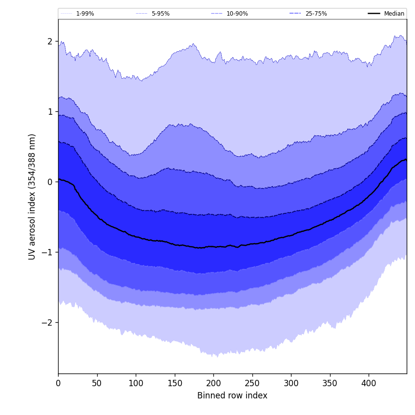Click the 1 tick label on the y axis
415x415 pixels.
(x=50, y=112)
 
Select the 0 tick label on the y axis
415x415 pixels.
(x=50, y=182)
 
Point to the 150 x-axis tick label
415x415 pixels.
(x=174, y=384)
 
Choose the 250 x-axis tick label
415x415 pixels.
(x=252, y=384)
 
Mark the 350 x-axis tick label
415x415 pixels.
(x=330, y=384)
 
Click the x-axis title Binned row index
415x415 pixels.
(x=232, y=396)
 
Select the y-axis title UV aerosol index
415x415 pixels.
(x=32, y=196)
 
